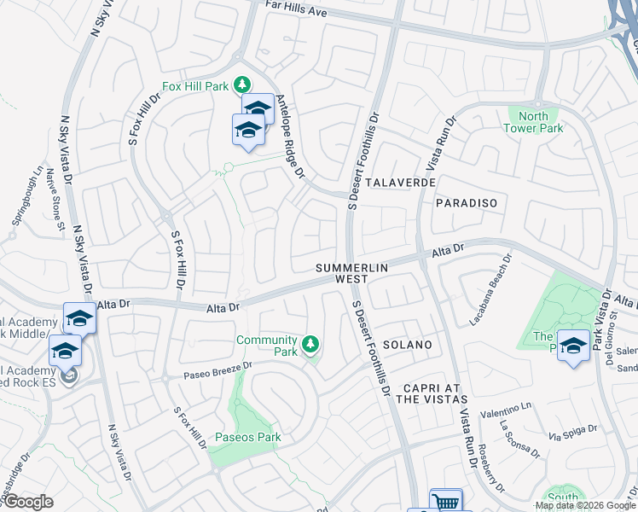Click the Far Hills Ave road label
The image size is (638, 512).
point(298,12)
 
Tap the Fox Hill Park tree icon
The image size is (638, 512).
point(243,84)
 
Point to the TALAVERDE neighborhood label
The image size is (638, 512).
point(400,183)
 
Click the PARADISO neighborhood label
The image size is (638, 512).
point(466,203)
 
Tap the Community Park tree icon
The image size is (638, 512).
point(311,344)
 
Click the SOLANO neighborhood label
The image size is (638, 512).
point(407,345)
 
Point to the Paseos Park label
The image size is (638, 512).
point(247,438)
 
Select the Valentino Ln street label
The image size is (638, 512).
point(506,412)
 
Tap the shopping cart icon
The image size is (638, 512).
point(445,502)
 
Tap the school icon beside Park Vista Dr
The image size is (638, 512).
point(573,346)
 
